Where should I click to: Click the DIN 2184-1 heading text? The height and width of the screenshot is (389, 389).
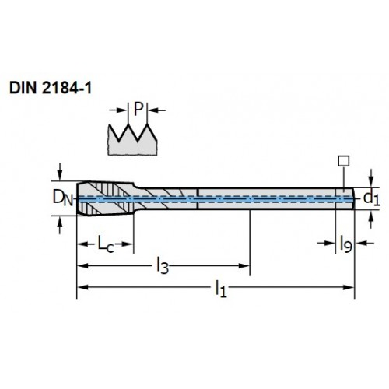pos(51,88)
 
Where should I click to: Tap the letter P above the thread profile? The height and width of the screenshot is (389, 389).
pos(138,109)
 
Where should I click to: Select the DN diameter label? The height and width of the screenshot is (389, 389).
pos(63,198)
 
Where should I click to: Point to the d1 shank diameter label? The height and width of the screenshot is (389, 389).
pos(372,198)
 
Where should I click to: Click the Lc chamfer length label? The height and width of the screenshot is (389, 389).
pos(106,244)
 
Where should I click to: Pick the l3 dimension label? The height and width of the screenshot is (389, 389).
pos(163,266)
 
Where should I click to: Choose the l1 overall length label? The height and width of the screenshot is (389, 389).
pos(221,289)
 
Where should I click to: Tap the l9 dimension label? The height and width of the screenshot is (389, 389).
pos(345,244)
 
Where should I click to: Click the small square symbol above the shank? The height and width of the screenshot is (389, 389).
pos(344,161)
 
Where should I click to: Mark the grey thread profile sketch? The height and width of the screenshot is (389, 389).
pos(132,140)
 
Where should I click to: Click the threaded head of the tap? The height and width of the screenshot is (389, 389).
pos(106,198)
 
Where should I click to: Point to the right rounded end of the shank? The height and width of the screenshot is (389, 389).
pos(353,198)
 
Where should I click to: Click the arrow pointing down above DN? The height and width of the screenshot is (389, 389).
pos(60,171)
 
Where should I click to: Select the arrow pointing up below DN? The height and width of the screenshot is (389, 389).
pos(60,225)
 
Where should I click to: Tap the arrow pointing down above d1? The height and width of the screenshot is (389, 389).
pos(371,178)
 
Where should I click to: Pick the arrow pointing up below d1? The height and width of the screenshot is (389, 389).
pos(371,219)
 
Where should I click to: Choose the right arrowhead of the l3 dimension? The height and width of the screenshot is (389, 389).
pos(244,265)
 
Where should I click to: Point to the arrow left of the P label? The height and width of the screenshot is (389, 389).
pos(119,110)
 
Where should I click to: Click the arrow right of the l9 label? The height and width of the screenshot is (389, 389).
pos(365,243)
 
